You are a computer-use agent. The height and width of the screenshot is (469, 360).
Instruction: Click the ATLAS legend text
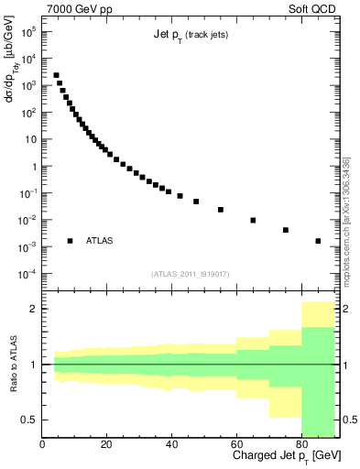tap(100, 241)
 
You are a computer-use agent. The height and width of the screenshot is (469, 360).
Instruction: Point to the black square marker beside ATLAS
tap(70, 241)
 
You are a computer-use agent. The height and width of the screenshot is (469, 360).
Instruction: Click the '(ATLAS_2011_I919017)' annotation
tap(189, 274)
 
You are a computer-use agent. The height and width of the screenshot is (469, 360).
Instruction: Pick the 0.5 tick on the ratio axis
tap(30, 420)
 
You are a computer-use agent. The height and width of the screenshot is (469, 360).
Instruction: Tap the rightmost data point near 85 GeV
tap(318, 241)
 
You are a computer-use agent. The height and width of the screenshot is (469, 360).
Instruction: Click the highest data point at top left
tap(56, 75)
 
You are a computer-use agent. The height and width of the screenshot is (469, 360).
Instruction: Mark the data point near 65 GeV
tap(253, 220)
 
